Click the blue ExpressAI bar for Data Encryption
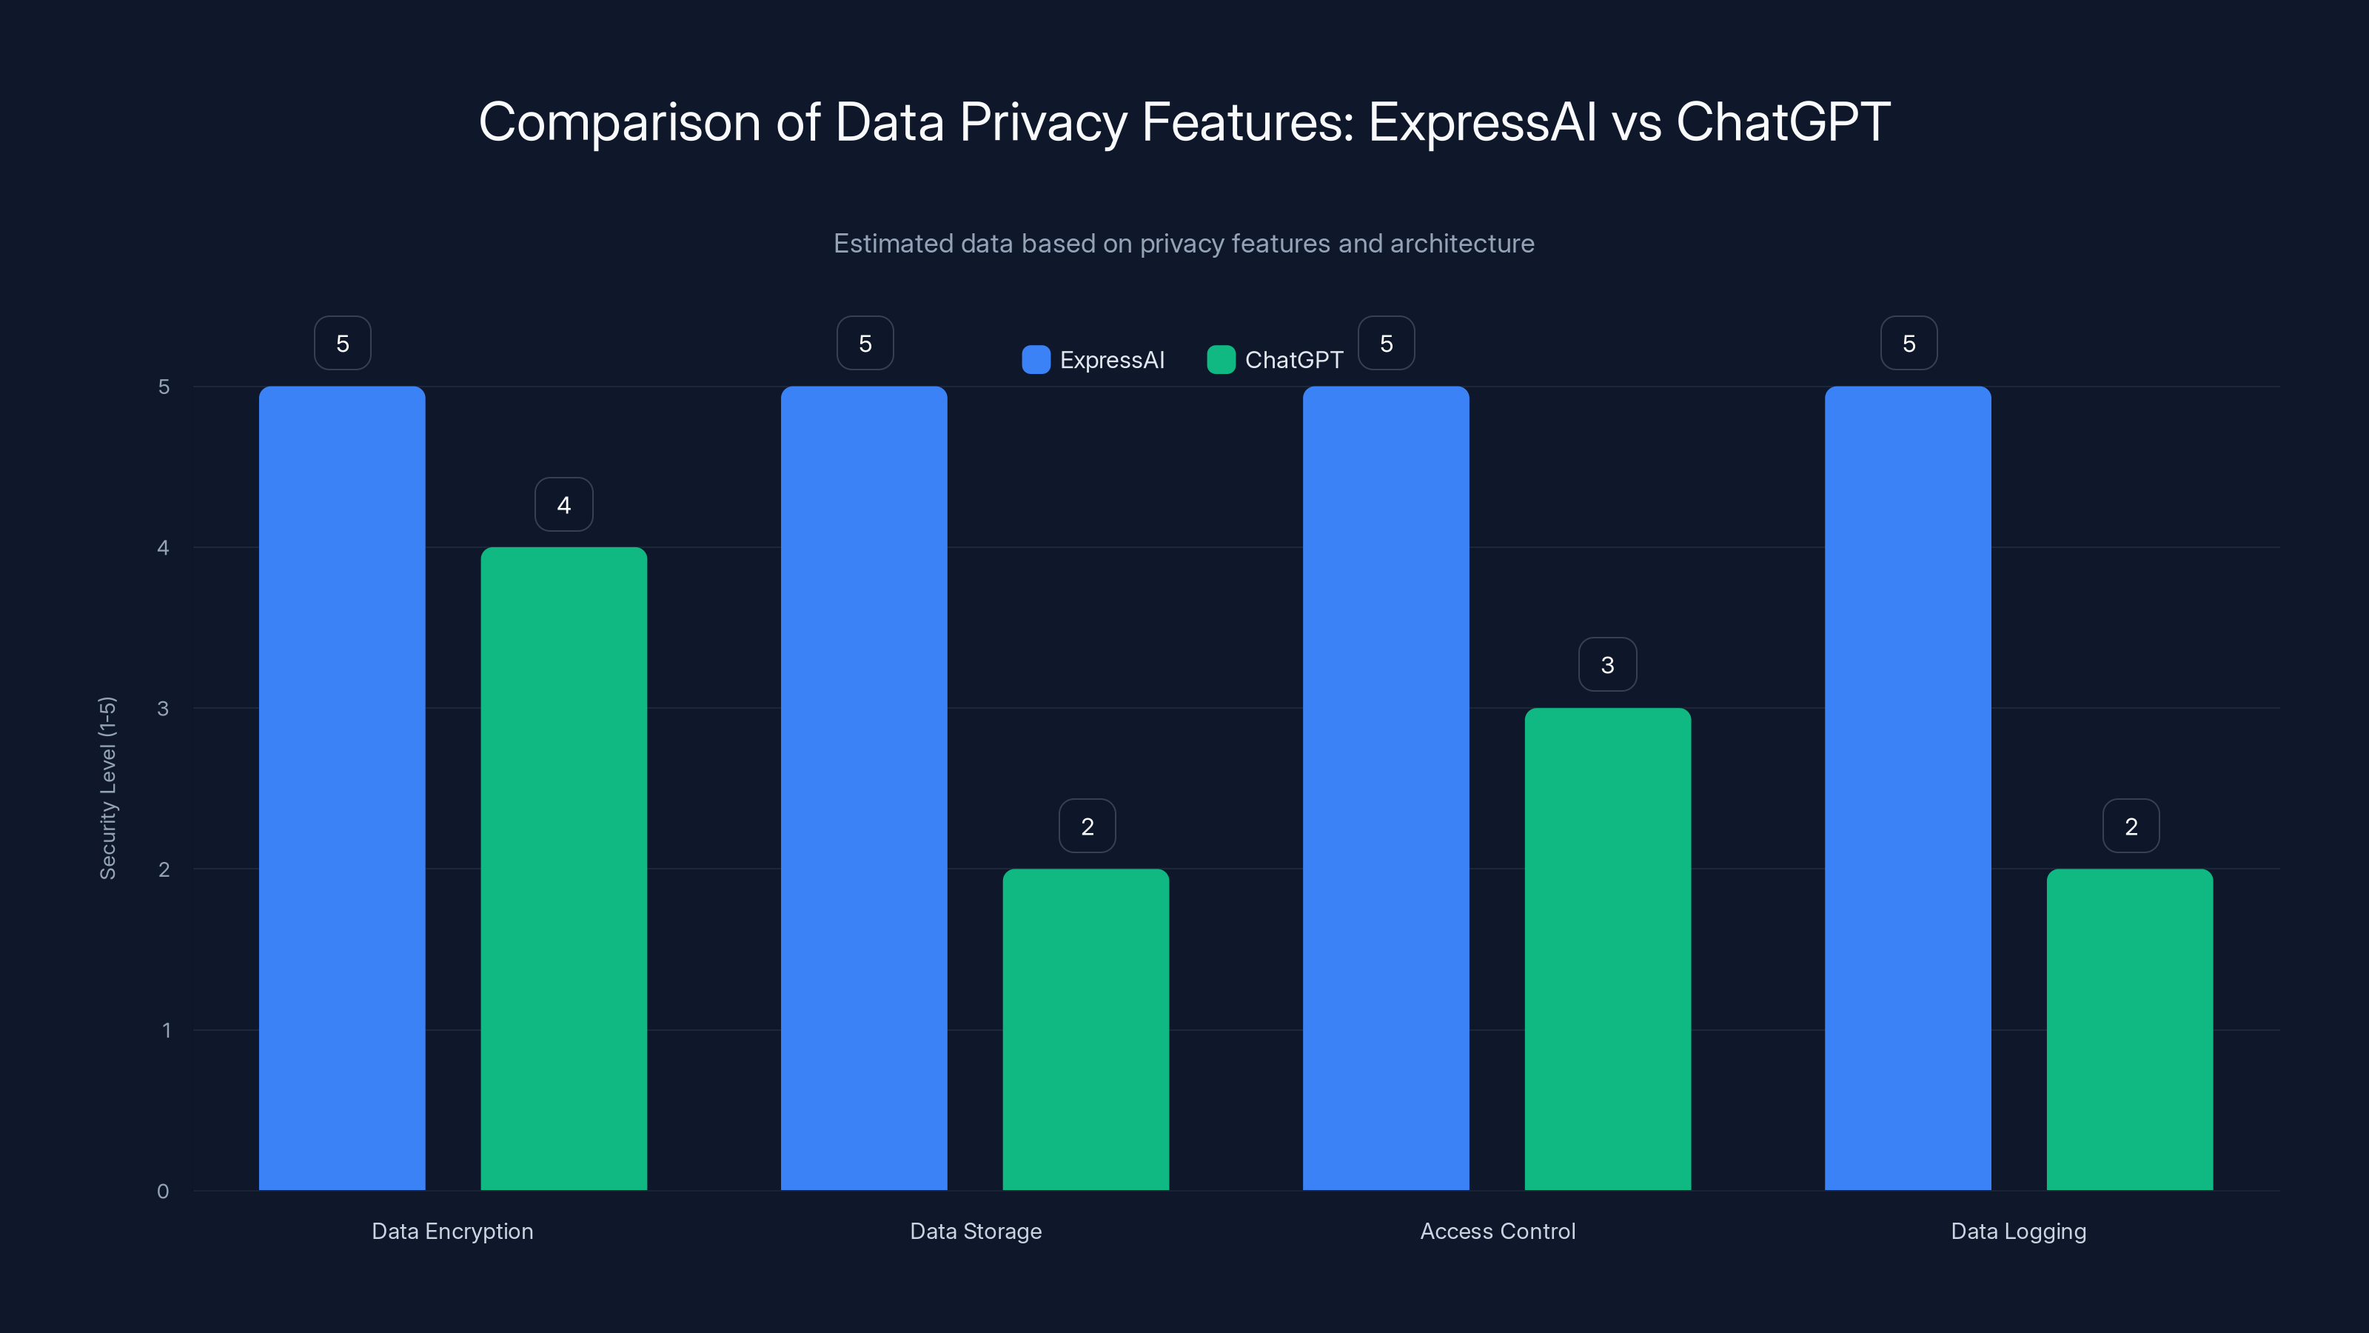(342, 787)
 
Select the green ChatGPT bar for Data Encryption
(563, 869)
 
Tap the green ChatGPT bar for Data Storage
(1085, 1029)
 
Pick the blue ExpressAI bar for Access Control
(1386, 787)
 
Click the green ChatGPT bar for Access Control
(1607, 949)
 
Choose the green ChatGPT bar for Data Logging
(2130, 1029)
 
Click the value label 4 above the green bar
(563, 504)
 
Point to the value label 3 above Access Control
(1607, 664)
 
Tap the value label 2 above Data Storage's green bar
(1087, 826)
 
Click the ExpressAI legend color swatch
(1036, 360)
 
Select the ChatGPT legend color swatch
(1220, 360)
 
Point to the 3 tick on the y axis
(163, 709)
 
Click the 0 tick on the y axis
(163, 1192)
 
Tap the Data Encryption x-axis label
(452, 1231)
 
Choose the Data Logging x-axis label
(2019, 1231)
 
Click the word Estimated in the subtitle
(892, 243)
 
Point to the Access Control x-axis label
(1497, 1231)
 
